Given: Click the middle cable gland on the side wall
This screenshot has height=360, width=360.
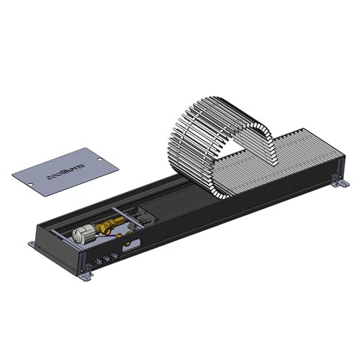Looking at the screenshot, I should click(x=107, y=257).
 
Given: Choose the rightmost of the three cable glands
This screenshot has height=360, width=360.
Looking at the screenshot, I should click(x=115, y=253).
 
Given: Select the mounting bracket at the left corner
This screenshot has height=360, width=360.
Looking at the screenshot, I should click(x=32, y=244).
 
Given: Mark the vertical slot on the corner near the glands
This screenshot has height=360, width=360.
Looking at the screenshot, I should click(x=83, y=258).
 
